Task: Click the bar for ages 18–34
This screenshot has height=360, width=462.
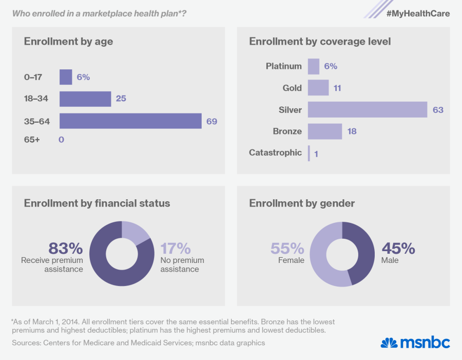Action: (85, 99)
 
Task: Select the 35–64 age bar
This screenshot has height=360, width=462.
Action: (130, 121)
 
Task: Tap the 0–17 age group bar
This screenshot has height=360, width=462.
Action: (66, 77)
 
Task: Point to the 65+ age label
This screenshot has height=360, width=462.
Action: (32, 139)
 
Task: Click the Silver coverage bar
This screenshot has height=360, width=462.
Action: (368, 109)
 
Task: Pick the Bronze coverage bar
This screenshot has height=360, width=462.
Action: (325, 131)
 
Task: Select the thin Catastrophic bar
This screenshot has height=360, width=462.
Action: (309, 153)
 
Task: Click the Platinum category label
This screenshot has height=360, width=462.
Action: (284, 66)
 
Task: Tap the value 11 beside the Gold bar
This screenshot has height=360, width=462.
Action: (337, 88)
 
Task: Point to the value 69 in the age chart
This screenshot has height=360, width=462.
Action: (211, 121)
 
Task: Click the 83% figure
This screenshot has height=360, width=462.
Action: (65, 249)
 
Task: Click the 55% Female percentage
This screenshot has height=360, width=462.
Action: (287, 249)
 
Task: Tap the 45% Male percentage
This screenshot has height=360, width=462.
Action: (398, 249)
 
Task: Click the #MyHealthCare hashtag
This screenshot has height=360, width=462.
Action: (418, 14)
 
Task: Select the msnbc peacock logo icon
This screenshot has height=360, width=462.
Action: (389, 343)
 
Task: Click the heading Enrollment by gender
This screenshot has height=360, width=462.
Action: (302, 203)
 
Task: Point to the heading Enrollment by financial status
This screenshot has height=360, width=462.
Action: (97, 203)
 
